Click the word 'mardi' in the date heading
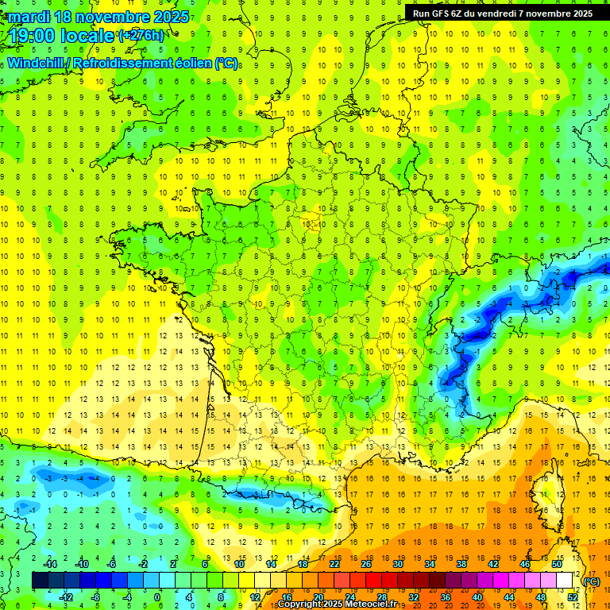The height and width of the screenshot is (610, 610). click(29, 17)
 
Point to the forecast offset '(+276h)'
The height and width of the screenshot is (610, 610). click(141, 36)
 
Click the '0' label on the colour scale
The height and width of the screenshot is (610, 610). click(156, 596)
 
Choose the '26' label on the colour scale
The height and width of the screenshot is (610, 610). click(366, 564)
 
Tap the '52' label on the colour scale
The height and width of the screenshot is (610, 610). click(573, 596)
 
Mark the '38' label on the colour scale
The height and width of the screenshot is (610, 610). click(461, 564)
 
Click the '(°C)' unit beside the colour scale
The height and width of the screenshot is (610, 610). click(592, 581)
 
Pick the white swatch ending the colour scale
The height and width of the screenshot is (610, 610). click(565, 581)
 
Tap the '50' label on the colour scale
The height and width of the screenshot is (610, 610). click(557, 564)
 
